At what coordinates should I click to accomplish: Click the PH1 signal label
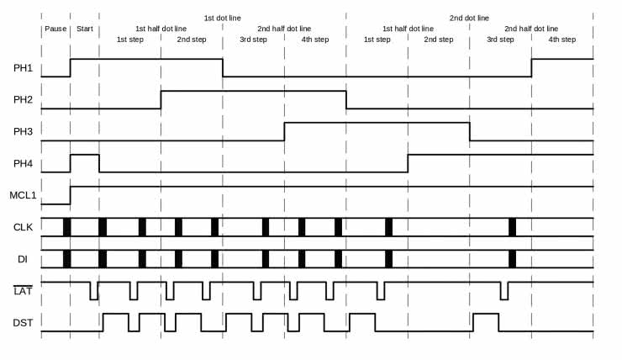pyautogui.click(x=23, y=68)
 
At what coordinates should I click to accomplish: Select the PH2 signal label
pyautogui.click(x=23, y=100)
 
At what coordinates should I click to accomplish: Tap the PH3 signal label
pyautogui.click(x=23, y=131)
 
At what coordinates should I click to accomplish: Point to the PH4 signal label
pyautogui.click(x=23, y=163)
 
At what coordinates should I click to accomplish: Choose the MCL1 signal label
pyautogui.click(x=23, y=195)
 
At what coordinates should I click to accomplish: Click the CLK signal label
pyautogui.click(x=23, y=227)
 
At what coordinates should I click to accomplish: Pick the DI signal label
pyautogui.click(x=23, y=259)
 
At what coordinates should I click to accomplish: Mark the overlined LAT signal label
pyautogui.click(x=23, y=291)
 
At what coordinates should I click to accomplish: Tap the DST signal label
pyautogui.click(x=23, y=322)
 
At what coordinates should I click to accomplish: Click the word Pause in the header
pyautogui.click(x=55, y=29)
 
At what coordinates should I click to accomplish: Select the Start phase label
pyautogui.click(x=85, y=29)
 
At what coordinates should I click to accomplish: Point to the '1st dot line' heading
pyautogui.click(x=222, y=18)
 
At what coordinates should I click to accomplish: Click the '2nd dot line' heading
pyautogui.click(x=469, y=18)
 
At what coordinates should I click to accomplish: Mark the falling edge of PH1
pyautogui.click(x=223, y=67)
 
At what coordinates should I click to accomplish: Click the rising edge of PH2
pyautogui.click(x=161, y=99)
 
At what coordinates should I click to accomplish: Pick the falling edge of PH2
pyautogui.click(x=346, y=99)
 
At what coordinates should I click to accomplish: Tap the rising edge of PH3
pyautogui.click(x=284, y=131)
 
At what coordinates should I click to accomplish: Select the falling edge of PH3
pyautogui.click(x=470, y=131)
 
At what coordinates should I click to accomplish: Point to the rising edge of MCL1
pyautogui.click(x=70, y=195)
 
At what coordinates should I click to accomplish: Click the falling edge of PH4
pyautogui.click(x=99, y=163)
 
